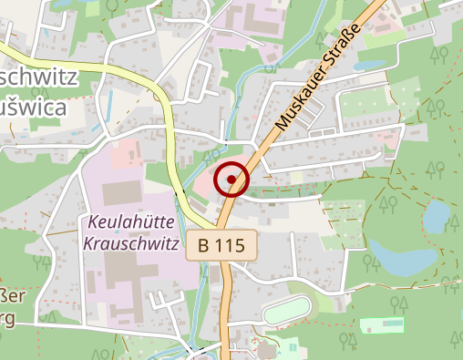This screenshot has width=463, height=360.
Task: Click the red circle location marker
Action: [x=232, y=179]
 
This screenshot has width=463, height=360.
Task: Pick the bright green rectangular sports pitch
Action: [x=383, y=325]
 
